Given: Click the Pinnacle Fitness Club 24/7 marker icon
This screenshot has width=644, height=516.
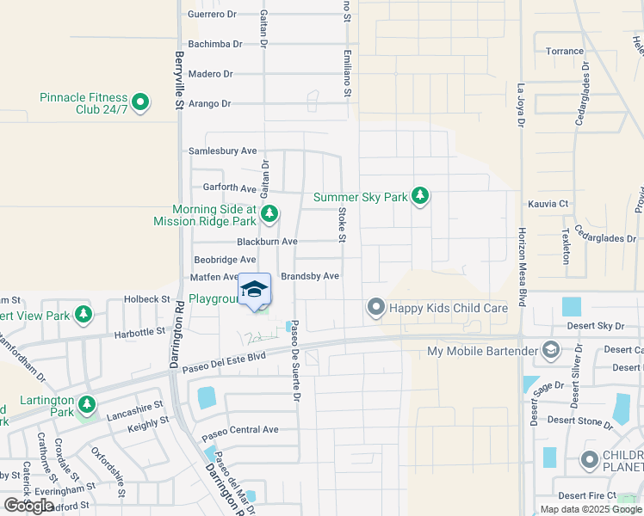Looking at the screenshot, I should (x=139, y=104).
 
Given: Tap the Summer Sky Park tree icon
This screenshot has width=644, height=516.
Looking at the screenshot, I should (x=419, y=197).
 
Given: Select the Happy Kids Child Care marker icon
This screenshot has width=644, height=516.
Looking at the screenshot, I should (x=375, y=307).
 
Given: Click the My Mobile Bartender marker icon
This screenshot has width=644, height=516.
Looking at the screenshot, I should (x=551, y=351).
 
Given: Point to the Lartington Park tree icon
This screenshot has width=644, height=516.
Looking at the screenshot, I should (x=86, y=403).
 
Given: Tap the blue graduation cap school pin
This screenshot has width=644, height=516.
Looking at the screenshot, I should (x=254, y=290).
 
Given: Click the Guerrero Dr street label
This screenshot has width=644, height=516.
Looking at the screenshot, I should (x=212, y=15).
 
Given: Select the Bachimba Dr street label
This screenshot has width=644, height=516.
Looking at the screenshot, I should (x=212, y=44).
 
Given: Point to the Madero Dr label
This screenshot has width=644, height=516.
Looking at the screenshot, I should (x=210, y=74).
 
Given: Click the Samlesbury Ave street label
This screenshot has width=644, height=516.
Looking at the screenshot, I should (x=223, y=150).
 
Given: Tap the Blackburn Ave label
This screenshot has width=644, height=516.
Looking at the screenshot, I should (x=267, y=242).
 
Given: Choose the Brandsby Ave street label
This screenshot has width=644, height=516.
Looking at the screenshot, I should (x=310, y=276).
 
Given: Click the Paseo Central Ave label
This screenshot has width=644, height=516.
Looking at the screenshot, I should (x=239, y=429).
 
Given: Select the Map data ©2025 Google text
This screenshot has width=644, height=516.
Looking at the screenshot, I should (x=591, y=509).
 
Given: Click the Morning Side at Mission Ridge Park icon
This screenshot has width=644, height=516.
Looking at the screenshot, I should (x=269, y=213).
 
